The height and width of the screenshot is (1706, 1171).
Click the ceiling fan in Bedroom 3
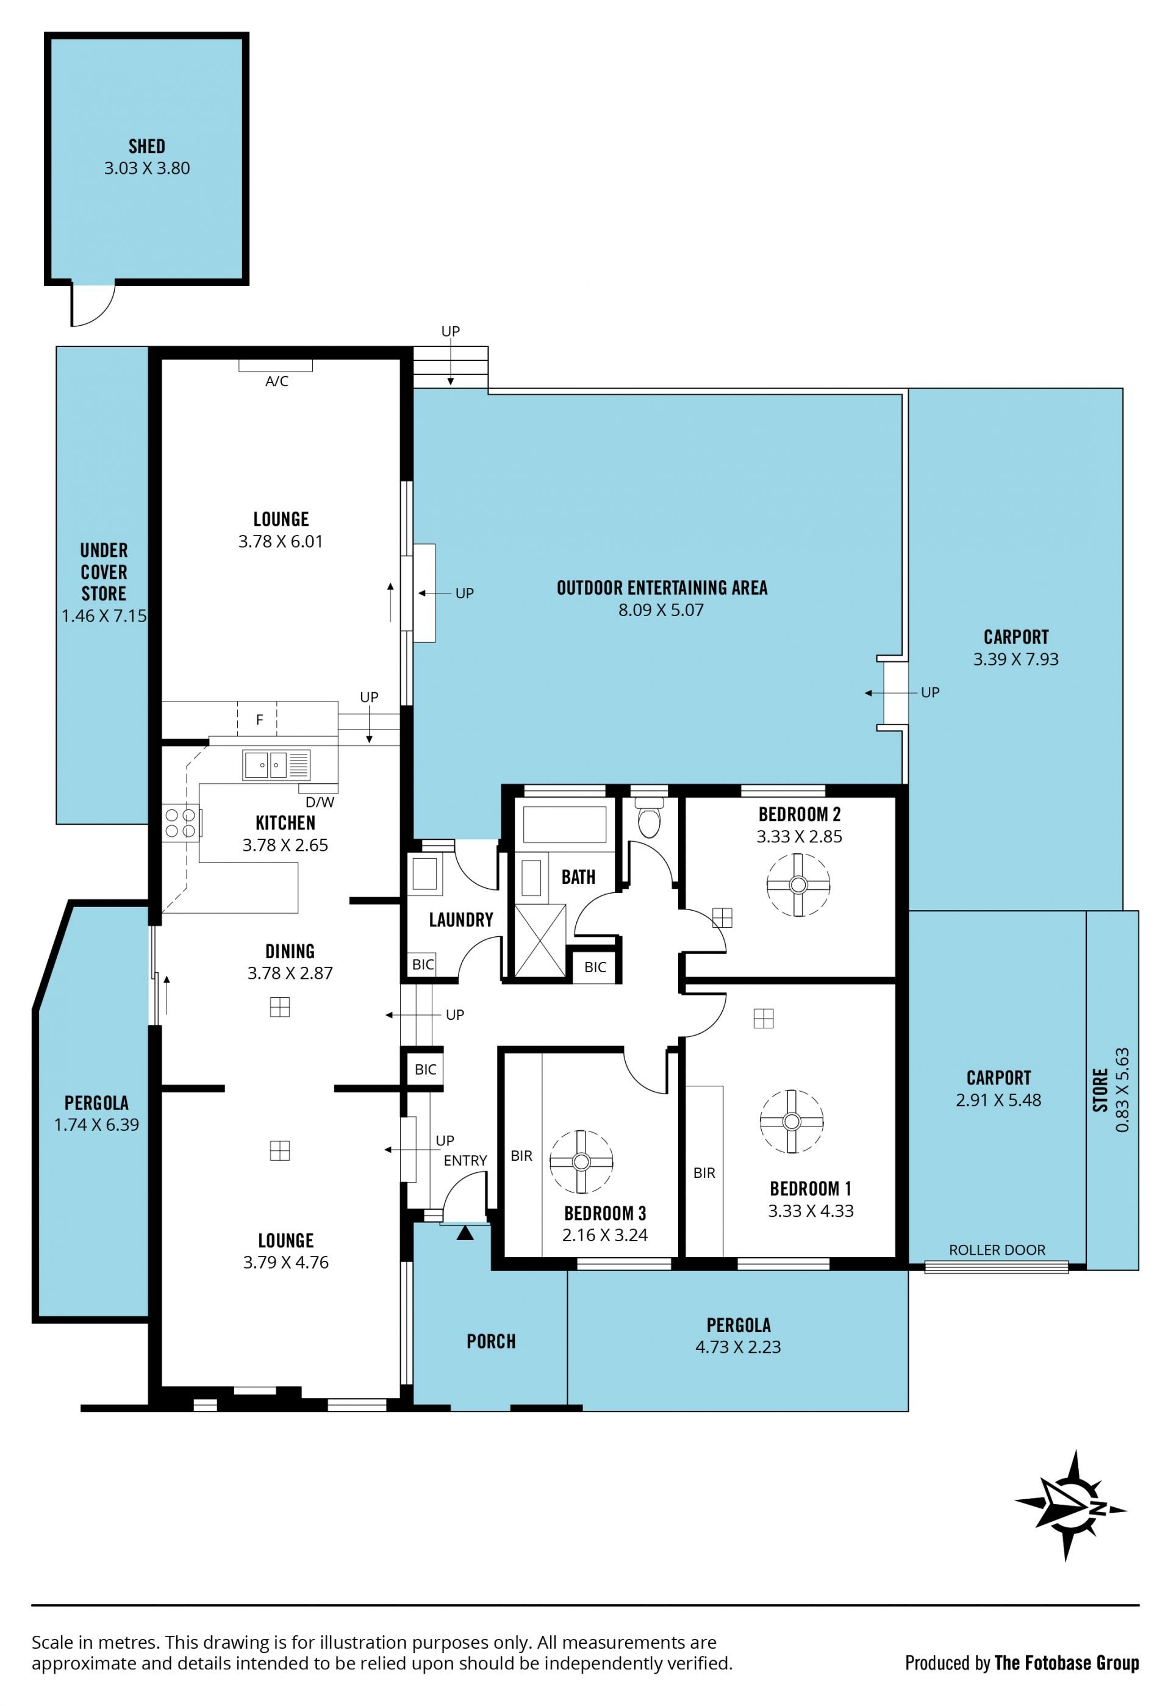(x=581, y=1162)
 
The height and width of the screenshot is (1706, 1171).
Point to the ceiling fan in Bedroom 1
(x=792, y=1122)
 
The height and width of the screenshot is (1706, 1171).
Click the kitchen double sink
(x=276, y=765)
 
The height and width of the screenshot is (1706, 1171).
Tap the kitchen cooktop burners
(x=181, y=823)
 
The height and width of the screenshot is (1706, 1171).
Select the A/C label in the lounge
(x=277, y=381)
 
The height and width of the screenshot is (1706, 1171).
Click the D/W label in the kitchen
(x=320, y=802)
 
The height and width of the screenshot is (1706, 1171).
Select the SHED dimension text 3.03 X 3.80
(x=147, y=168)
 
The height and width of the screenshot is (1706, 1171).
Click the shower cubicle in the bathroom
(x=540, y=941)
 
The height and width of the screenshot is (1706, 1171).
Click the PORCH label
(x=491, y=1341)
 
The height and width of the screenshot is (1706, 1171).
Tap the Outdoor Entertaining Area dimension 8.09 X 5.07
(x=661, y=610)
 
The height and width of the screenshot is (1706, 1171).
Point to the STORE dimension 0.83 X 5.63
(x=1122, y=1089)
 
